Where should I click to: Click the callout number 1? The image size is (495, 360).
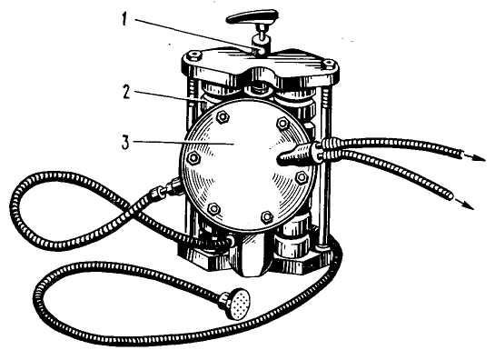pyautogui.click(x=124, y=20)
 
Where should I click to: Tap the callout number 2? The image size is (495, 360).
pyautogui.click(x=126, y=92)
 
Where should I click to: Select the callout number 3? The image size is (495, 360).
pyautogui.click(x=125, y=143)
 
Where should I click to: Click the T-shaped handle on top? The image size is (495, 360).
pyautogui.click(x=252, y=16)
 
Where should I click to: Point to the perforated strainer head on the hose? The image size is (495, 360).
pyautogui.click(x=239, y=304)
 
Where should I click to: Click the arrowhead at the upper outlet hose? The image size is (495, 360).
pyautogui.click(x=479, y=158)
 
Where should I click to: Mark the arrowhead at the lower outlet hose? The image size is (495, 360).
pyautogui.click(x=468, y=205)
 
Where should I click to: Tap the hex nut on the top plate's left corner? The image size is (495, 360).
pyautogui.click(x=193, y=56)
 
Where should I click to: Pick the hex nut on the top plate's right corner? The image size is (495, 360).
pyautogui.click(x=328, y=65)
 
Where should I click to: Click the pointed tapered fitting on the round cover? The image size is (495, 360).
pyautogui.click(x=293, y=155)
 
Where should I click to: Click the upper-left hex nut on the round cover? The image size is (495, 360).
pyautogui.click(x=223, y=117)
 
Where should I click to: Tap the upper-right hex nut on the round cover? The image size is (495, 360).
pyautogui.click(x=282, y=123)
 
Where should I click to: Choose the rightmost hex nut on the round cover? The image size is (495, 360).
pyautogui.click(x=302, y=177)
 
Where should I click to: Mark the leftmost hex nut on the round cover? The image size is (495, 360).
pyautogui.click(x=193, y=158)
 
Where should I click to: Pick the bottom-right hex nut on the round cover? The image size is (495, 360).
pyautogui.click(x=267, y=217)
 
